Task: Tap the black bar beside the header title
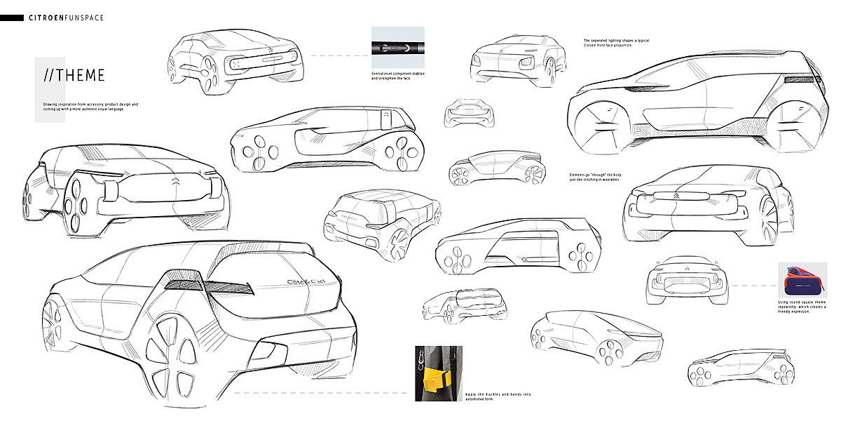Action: click(x=12, y=18)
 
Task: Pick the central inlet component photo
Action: click(x=397, y=48)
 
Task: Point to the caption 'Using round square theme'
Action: click(x=802, y=307)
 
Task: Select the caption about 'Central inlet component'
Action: click(x=397, y=76)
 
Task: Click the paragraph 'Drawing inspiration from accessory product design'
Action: click(x=90, y=107)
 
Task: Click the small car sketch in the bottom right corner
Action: click(x=740, y=367)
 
